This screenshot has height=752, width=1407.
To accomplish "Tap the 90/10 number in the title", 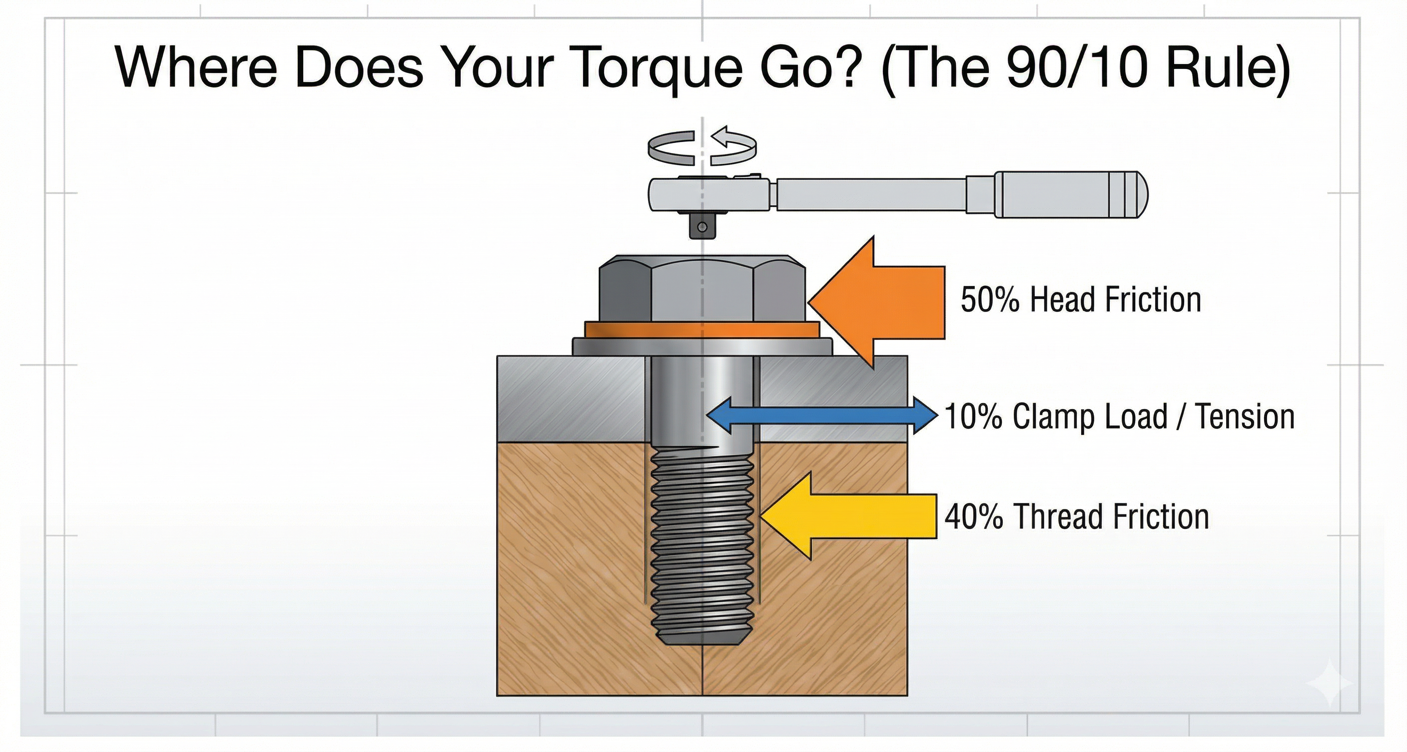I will point(1074,68).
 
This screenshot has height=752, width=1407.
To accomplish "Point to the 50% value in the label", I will point(989,300).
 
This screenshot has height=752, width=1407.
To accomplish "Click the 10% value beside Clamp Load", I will point(973,416).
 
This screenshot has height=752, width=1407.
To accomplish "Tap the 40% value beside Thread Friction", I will point(974,516).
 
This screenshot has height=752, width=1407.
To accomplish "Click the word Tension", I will point(1245,416).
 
